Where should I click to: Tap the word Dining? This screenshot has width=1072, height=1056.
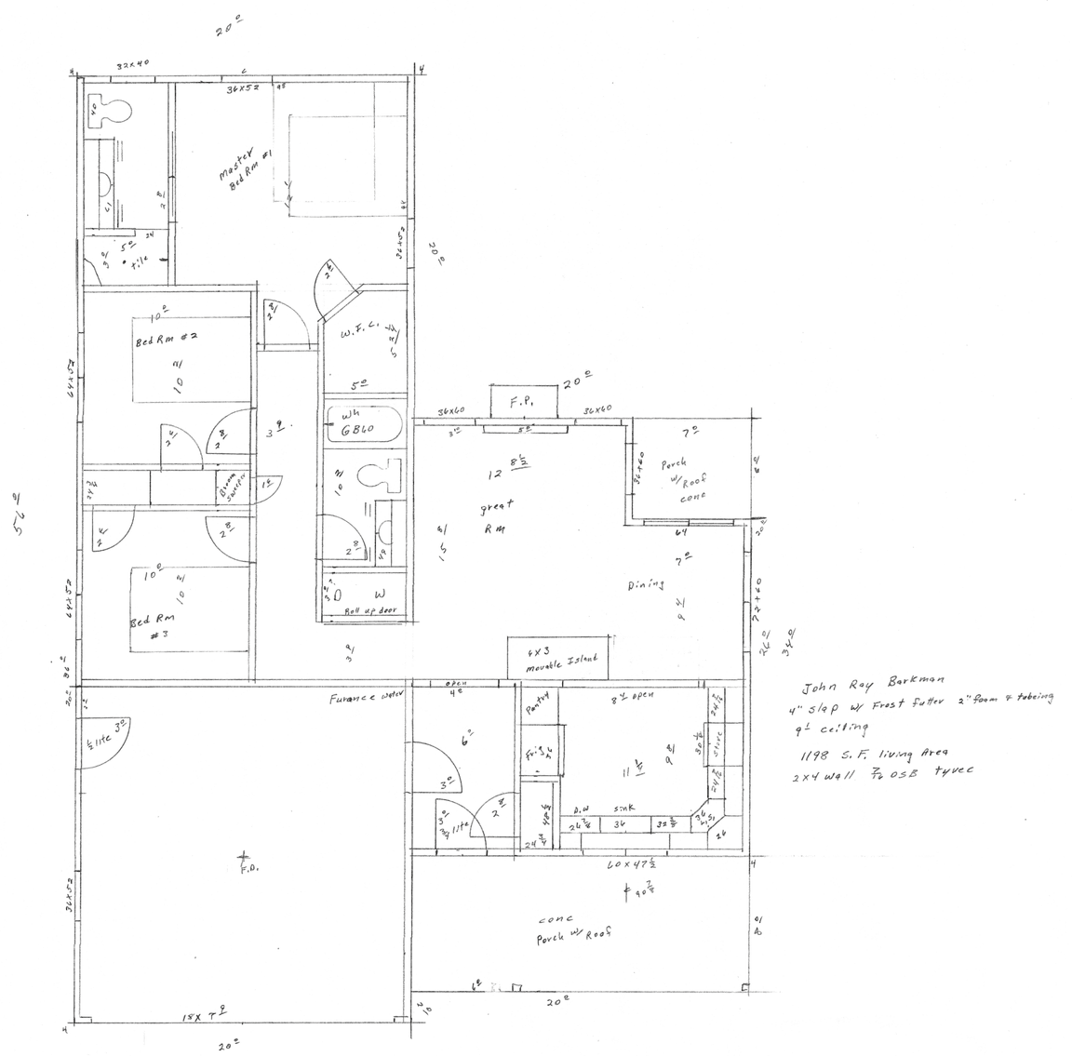point(645,584)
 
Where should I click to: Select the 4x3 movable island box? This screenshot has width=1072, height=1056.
point(556,659)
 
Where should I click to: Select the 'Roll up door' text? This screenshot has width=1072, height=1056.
point(366,611)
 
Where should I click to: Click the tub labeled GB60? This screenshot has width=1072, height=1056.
point(363,430)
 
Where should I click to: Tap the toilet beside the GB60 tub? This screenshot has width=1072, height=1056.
point(375,479)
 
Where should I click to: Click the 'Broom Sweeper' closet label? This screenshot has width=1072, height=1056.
point(227,485)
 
